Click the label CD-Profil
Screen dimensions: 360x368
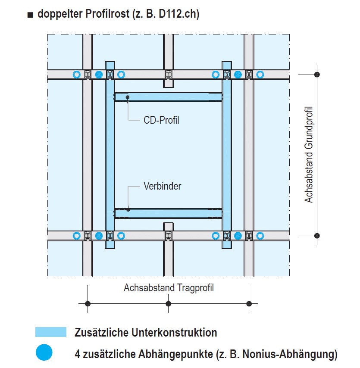tap(161, 120)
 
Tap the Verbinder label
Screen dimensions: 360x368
tap(162, 186)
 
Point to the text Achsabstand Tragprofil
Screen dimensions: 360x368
tap(169, 288)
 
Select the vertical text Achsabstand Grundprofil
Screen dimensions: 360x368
tap(309, 154)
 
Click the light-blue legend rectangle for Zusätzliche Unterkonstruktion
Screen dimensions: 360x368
tap(51, 332)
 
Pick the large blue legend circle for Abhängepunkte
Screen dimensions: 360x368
tap(44, 352)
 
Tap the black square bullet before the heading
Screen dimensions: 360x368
tap(30, 15)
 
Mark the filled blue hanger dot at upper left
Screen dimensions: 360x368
tap(99, 75)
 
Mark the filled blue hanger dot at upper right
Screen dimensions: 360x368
tap(238, 75)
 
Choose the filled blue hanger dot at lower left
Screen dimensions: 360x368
tap(99, 236)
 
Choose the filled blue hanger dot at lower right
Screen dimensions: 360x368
tap(238, 236)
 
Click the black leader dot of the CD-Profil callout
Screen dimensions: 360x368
tap(128, 97)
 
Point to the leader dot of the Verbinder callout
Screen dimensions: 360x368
tap(128, 209)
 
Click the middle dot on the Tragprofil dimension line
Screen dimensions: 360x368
tap(169, 304)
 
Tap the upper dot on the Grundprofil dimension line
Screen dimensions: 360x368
tap(317, 75)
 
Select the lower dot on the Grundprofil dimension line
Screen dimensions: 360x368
tap(317, 236)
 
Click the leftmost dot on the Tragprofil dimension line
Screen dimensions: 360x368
tap(88, 304)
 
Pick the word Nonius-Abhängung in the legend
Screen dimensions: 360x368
tap(288, 354)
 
